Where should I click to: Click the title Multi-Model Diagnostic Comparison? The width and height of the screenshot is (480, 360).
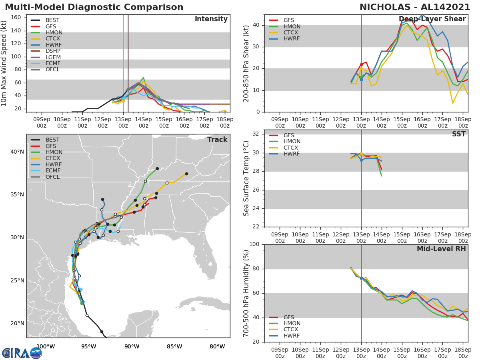(94, 7)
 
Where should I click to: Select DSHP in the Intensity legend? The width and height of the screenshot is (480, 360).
(53, 51)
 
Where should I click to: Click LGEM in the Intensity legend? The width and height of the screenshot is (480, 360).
(53, 57)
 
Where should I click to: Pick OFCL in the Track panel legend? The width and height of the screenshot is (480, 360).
(53, 177)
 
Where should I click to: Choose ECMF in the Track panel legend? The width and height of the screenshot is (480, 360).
(53, 170)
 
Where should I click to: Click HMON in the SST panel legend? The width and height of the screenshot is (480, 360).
(292, 142)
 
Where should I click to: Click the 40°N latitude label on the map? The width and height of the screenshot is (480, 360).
(17, 152)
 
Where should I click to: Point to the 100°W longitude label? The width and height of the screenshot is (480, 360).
(45, 346)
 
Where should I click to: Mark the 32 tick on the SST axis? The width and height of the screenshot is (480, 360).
(256, 134)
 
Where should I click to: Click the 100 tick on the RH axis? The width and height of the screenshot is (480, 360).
(254, 244)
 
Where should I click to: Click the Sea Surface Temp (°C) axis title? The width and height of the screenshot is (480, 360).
(246, 178)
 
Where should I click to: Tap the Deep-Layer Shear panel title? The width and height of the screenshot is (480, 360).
(432, 19)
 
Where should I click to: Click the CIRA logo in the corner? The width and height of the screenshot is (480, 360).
(22, 353)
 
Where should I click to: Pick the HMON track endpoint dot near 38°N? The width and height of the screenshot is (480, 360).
(157, 168)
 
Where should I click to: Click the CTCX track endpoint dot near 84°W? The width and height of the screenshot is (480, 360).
(186, 174)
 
